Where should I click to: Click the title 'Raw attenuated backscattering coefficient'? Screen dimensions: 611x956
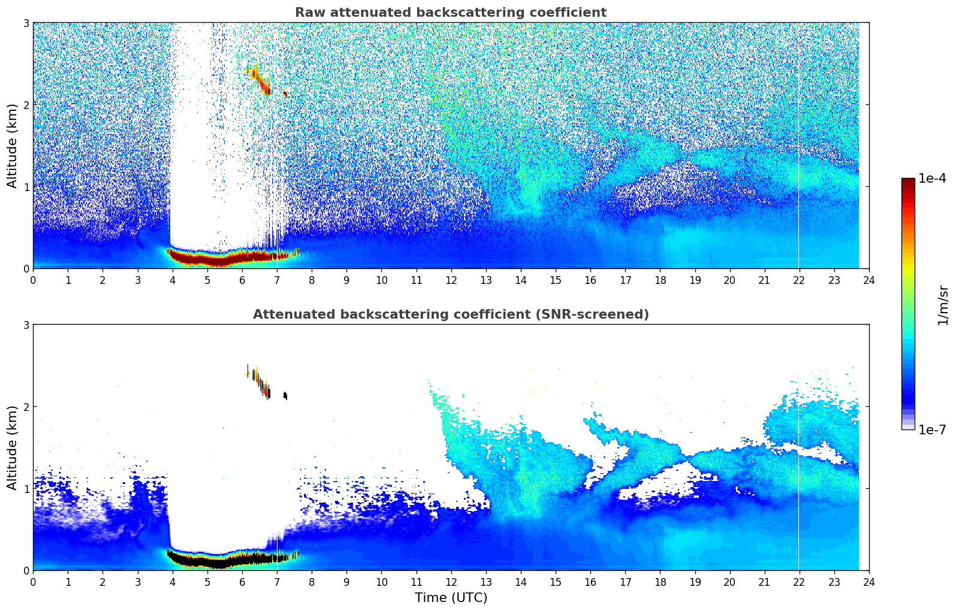coord(451,13)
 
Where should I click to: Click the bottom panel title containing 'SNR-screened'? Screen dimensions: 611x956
coord(451,314)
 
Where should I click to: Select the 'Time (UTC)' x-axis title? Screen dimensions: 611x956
coord(451,598)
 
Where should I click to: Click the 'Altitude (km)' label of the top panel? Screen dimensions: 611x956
coord(12,146)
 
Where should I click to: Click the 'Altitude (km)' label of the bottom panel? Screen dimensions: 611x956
coord(12,447)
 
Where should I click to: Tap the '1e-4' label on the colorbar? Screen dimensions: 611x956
coord(932,179)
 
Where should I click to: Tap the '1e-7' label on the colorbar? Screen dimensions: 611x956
coord(932,429)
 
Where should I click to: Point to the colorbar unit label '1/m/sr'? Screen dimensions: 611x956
coord(943,305)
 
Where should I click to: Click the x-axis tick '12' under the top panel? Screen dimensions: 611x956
coord(451,280)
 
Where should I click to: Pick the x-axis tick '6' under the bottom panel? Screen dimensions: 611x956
coord(242,582)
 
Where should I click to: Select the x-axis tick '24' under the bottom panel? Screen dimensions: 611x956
coord(868,582)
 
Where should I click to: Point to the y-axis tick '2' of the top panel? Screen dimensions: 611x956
coord(26,105)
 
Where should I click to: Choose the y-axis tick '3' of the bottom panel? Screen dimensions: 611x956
coord(26,325)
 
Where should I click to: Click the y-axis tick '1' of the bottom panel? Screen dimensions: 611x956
coord(26,489)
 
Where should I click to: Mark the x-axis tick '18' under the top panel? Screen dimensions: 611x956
coord(660,280)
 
